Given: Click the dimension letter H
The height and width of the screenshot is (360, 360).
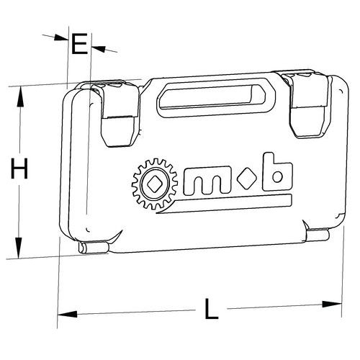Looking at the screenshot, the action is coord(19,168).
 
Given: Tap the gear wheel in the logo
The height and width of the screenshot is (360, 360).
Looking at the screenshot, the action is coord(155,184).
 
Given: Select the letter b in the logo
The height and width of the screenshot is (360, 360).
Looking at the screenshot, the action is coord(277,172).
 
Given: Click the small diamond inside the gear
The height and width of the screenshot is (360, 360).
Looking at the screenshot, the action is coord(155,184).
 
